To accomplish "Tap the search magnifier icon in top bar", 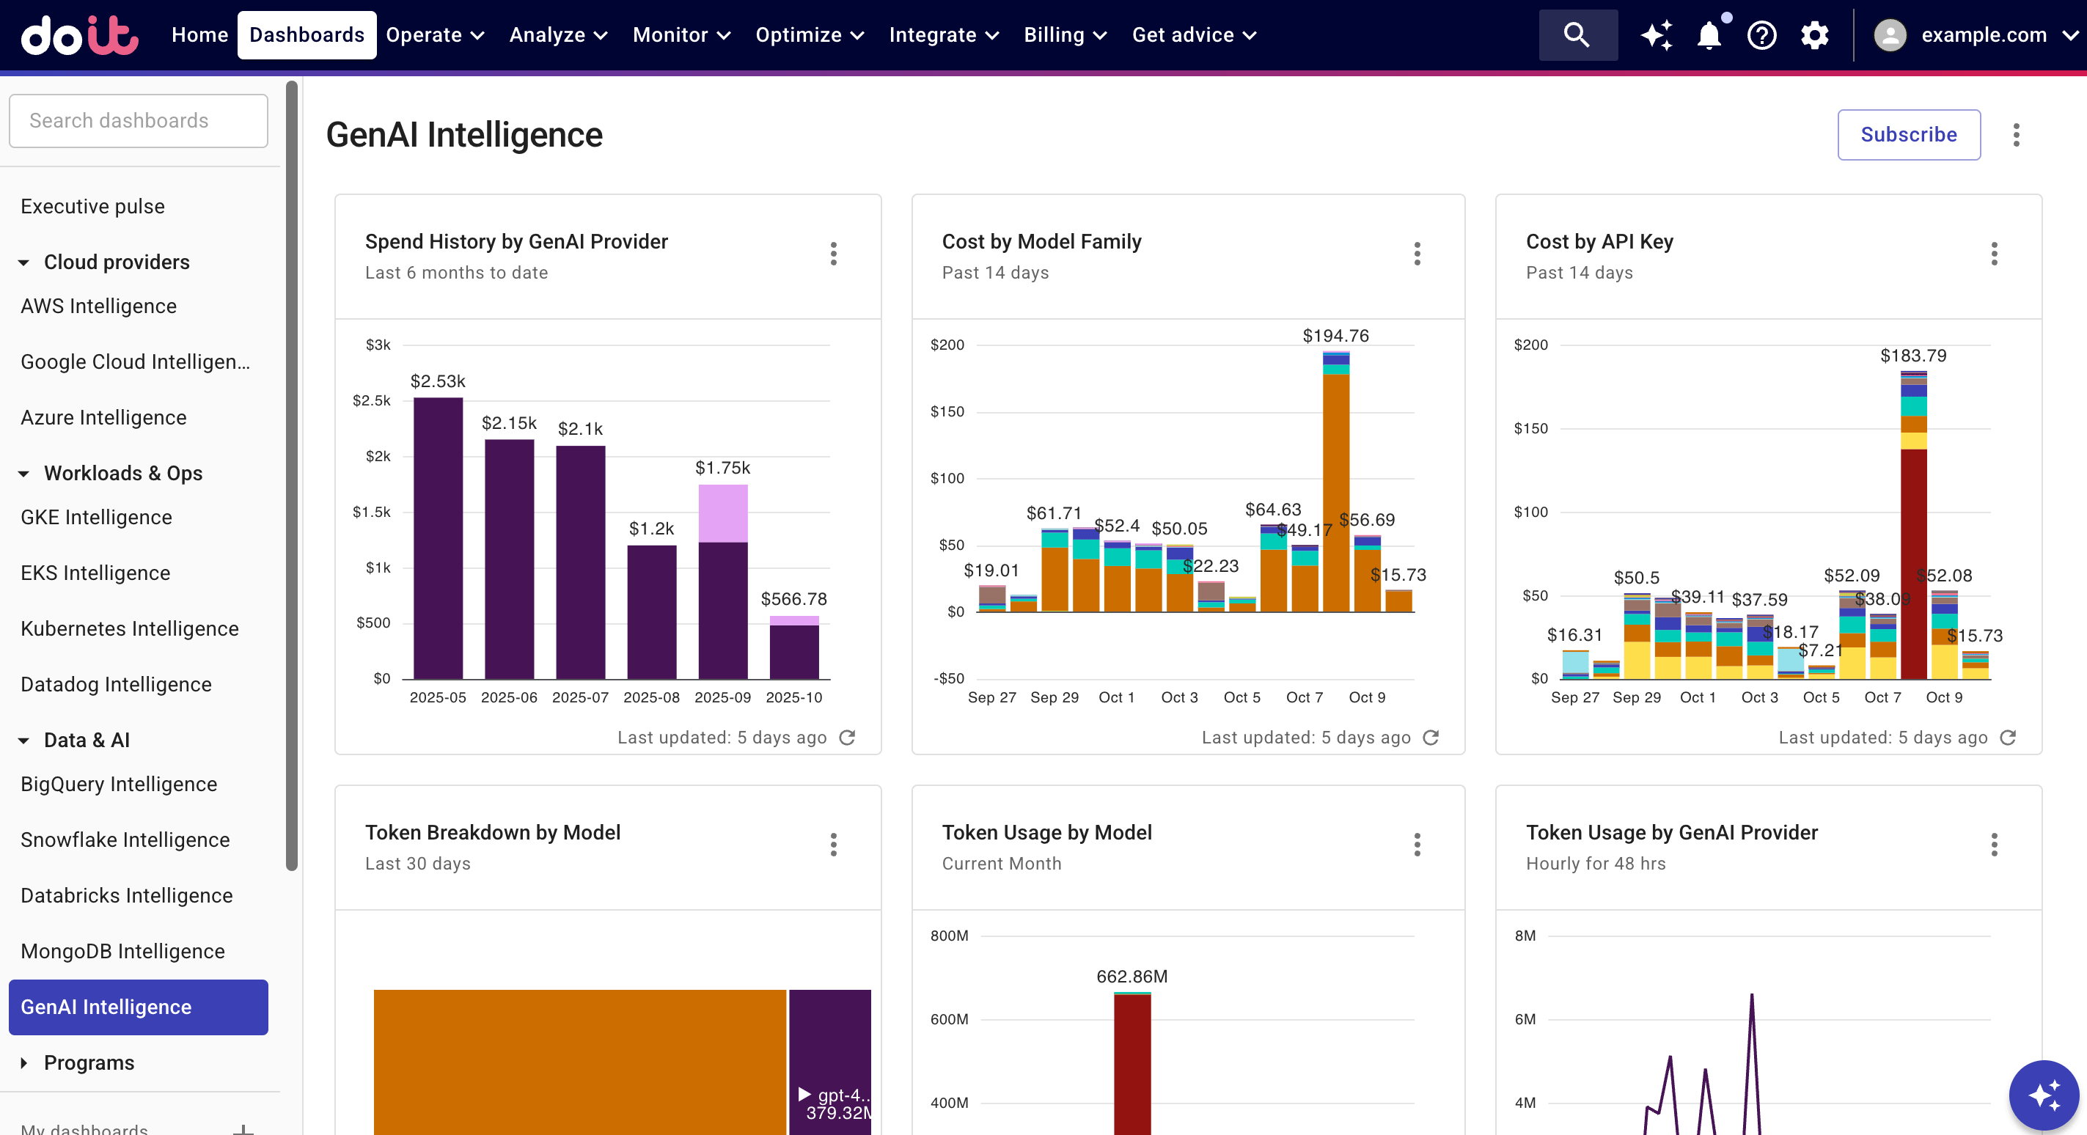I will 1577,35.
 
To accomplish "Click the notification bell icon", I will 1709,36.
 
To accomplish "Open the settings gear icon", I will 1814,36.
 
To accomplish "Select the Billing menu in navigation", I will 1064,35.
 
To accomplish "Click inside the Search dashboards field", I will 138,121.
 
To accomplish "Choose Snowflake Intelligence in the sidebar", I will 125,840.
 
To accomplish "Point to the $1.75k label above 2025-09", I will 722,468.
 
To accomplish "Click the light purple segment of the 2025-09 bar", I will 722,513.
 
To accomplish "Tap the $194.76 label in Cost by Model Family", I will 1335,335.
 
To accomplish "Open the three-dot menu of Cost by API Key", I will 1994,254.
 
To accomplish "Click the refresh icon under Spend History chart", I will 847,737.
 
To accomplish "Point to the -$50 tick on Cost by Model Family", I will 948,678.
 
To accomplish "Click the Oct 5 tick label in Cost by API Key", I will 1821,697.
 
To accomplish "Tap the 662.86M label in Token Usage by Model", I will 1131,976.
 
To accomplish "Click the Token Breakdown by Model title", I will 493,832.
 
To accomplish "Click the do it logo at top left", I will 79,35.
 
